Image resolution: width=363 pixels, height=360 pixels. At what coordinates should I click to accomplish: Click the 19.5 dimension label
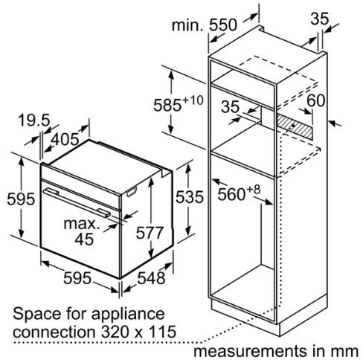[34, 120]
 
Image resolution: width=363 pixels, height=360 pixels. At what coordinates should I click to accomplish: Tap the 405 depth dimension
[65, 139]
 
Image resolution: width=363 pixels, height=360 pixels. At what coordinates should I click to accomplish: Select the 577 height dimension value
[150, 233]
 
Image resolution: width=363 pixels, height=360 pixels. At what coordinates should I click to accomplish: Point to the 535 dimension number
[190, 197]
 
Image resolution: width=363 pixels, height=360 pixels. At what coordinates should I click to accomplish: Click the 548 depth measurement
[151, 277]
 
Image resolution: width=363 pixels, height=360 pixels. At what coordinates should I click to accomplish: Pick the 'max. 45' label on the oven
[82, 231]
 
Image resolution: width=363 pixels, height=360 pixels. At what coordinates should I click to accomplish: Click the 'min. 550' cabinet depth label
[205, 25]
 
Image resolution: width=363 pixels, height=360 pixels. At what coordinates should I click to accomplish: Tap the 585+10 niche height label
[178, 103]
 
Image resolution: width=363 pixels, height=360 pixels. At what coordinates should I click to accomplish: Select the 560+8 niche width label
[239, 193]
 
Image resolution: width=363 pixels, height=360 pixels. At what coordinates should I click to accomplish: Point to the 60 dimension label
[315, 100]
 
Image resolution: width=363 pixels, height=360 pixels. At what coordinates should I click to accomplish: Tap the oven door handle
[77, 203]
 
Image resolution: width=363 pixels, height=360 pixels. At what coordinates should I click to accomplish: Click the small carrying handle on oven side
[132, 192]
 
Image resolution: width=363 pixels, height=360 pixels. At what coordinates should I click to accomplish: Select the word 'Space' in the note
[37, 315]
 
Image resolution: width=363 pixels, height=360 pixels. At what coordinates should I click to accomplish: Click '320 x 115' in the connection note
[138, 331]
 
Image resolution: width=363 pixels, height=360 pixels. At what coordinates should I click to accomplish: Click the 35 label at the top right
[319, 19]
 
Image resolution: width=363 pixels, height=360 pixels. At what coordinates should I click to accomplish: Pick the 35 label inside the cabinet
[230, 106]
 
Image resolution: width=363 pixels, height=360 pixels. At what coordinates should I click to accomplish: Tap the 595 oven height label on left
[21, 199]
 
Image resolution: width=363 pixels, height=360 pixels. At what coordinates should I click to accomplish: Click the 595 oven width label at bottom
[77, 277]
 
